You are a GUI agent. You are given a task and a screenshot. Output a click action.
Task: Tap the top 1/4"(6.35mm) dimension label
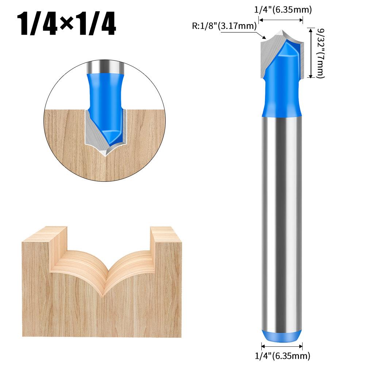pos(283,10)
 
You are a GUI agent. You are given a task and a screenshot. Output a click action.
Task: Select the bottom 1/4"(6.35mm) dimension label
pos(283,355)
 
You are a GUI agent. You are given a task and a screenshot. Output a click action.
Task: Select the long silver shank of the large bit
pos(282,219)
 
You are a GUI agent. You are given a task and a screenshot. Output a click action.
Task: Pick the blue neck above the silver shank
pos(282,99)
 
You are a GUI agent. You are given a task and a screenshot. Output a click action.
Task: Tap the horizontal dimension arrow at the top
pos(282,21)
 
